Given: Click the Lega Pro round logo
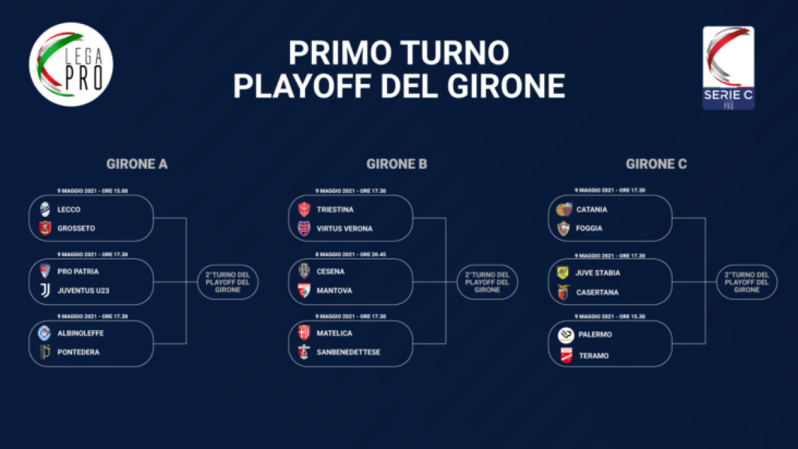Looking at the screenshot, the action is [x=71, y=65].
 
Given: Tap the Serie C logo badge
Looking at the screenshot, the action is [x=729, y=68].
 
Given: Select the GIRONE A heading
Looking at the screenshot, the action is [x=137, y=164].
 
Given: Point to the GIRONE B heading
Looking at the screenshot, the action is [x=396, y=164].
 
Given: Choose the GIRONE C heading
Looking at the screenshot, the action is [x=656, y=164].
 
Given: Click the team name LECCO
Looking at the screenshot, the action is [x=68, y=210].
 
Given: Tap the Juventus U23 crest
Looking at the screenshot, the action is [x=45, y=291].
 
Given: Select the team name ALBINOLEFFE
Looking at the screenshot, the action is [x=80, y=333].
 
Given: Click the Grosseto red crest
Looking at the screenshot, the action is [x=45, y=228].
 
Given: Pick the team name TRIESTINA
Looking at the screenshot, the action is [x=335, y=210].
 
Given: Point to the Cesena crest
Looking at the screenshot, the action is [x=304, y=271].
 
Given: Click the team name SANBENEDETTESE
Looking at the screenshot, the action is [x=348, y=352].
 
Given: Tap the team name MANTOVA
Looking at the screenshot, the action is [x=334, y=291].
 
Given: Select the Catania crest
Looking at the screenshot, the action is [x=565, y=210].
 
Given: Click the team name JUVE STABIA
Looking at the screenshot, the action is [x=598, y=273].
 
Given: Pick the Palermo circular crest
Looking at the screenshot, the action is [x=566, y=335].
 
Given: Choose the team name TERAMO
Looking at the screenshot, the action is [x=594, y=356].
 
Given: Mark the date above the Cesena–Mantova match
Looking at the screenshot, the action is [x=350, y=254].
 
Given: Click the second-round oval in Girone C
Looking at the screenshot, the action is [x=747, y=282].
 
